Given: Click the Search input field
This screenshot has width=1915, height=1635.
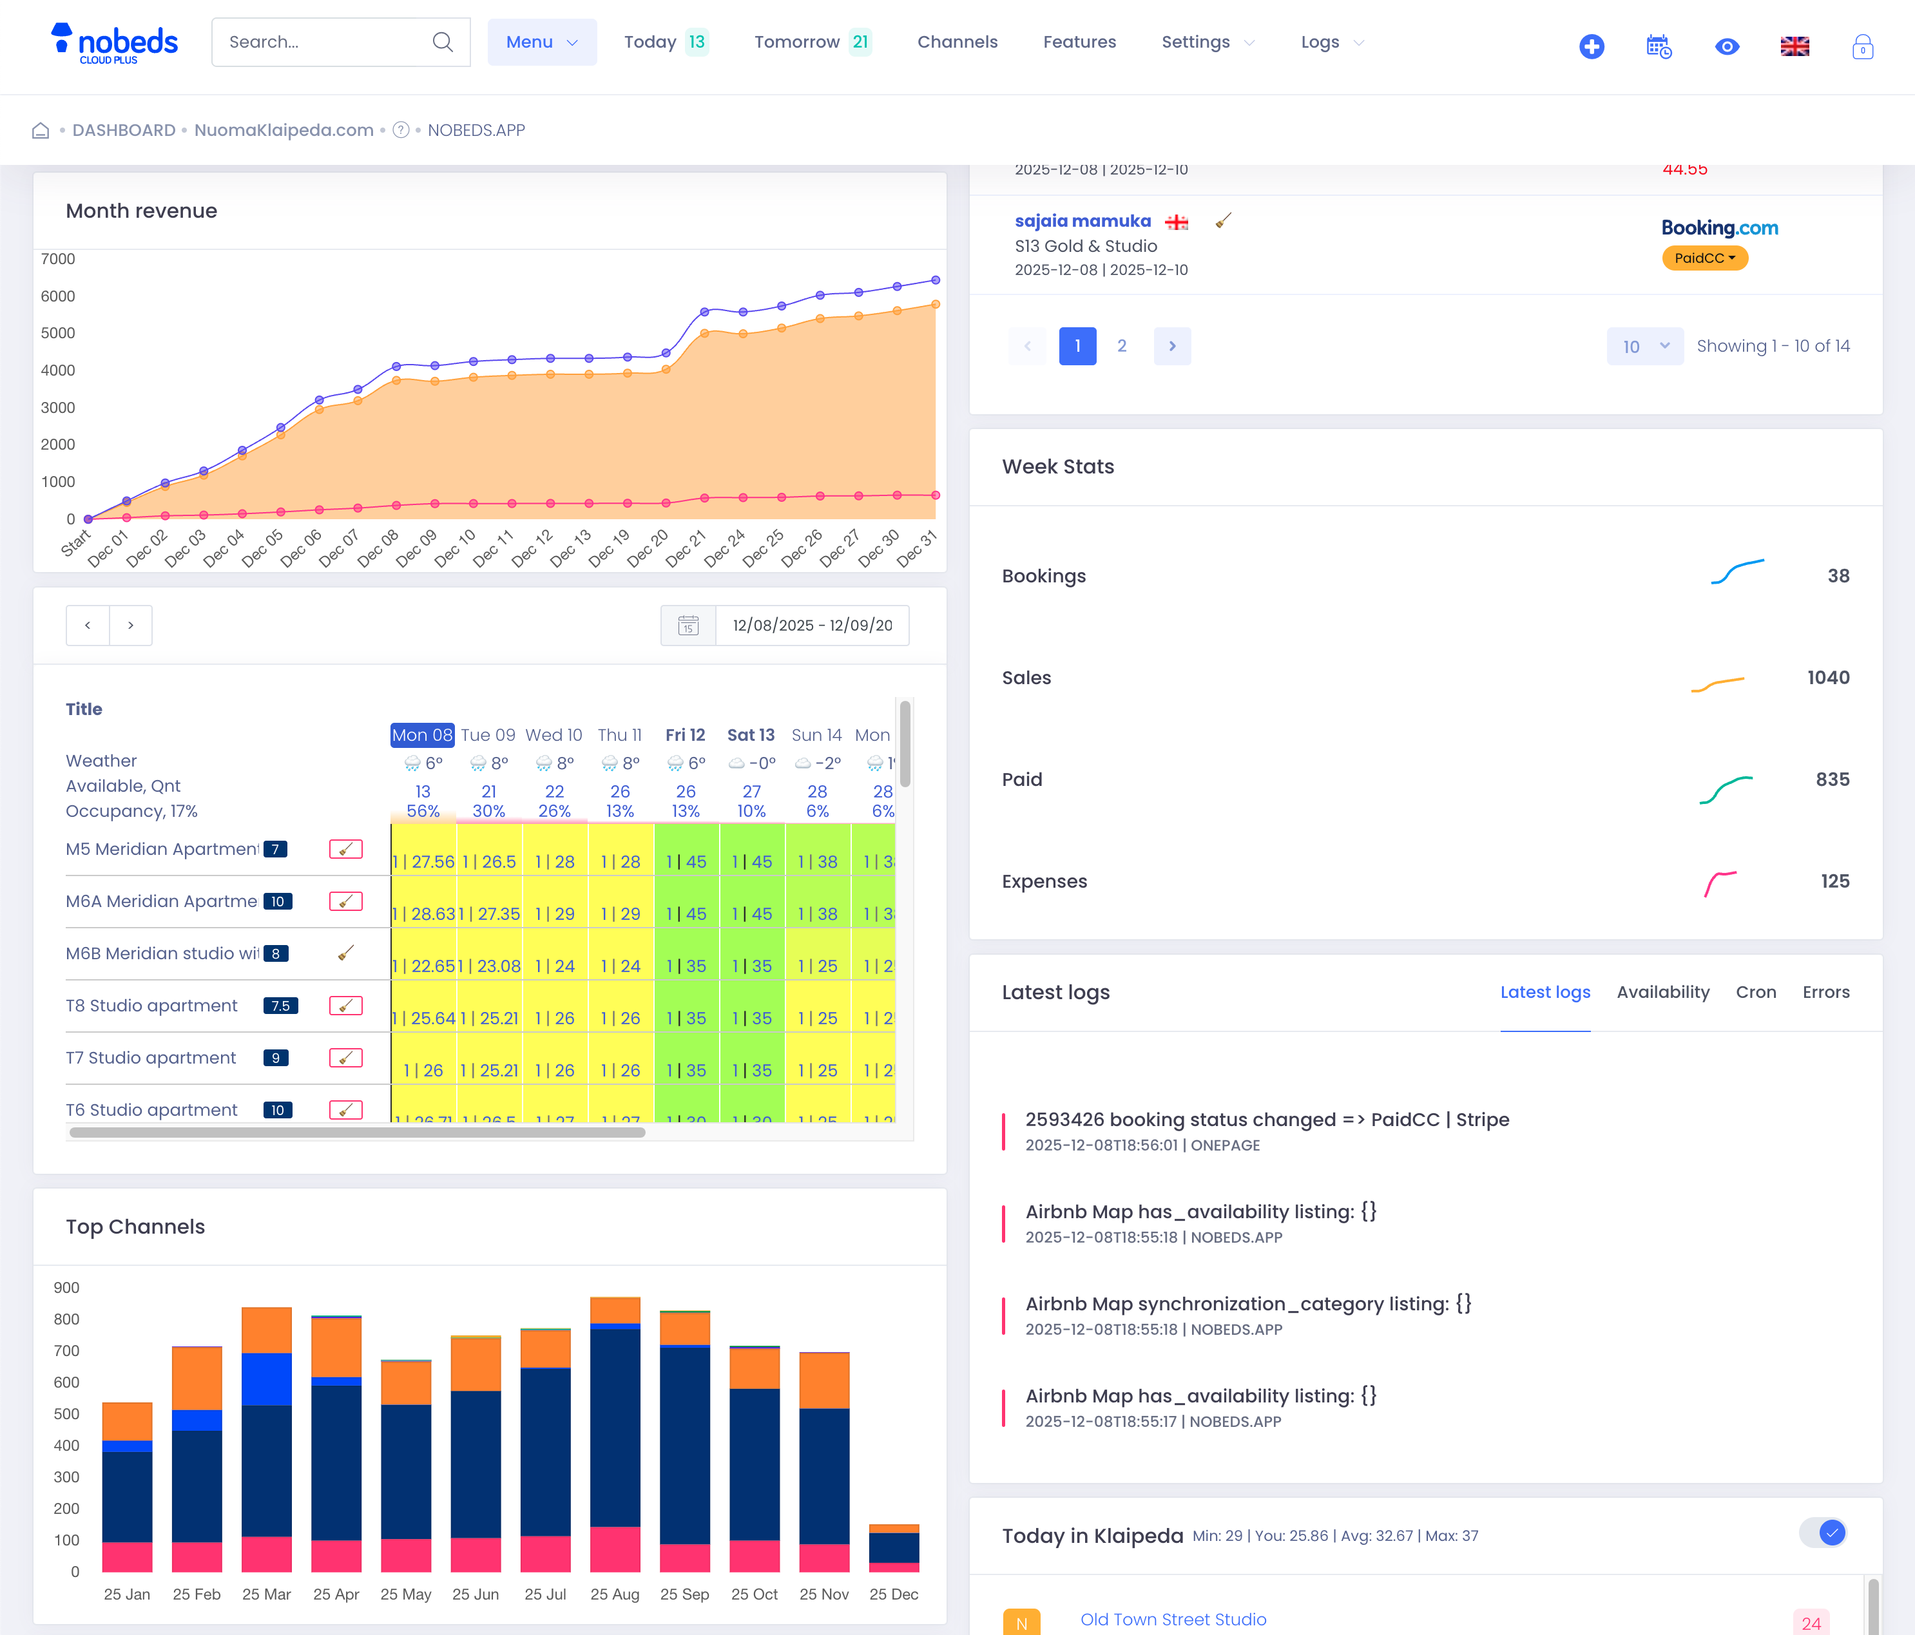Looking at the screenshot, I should [328, 42].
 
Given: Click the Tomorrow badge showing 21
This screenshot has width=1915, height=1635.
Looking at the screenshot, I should [860, 42].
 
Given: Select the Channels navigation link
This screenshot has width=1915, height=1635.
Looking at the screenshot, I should [957, 42].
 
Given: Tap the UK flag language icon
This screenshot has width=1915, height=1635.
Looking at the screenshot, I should [1794, 46].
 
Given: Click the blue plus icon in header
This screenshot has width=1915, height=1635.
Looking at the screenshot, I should [1591, 46].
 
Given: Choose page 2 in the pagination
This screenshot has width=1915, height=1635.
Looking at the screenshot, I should [1121, 346].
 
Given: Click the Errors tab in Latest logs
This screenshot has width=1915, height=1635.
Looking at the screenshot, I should [1825, 991].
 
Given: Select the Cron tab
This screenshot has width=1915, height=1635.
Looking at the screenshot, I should [1755, 991].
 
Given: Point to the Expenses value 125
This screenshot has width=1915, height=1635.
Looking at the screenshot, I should [1834, 881].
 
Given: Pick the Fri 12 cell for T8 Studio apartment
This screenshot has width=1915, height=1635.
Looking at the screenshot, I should [686, 1018].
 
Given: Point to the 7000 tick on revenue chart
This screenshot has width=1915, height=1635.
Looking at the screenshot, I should [58, 259].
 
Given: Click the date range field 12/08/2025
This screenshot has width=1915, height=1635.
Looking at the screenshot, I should [811, 626].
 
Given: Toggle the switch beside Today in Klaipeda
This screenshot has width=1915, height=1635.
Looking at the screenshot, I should [1823, 1533].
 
